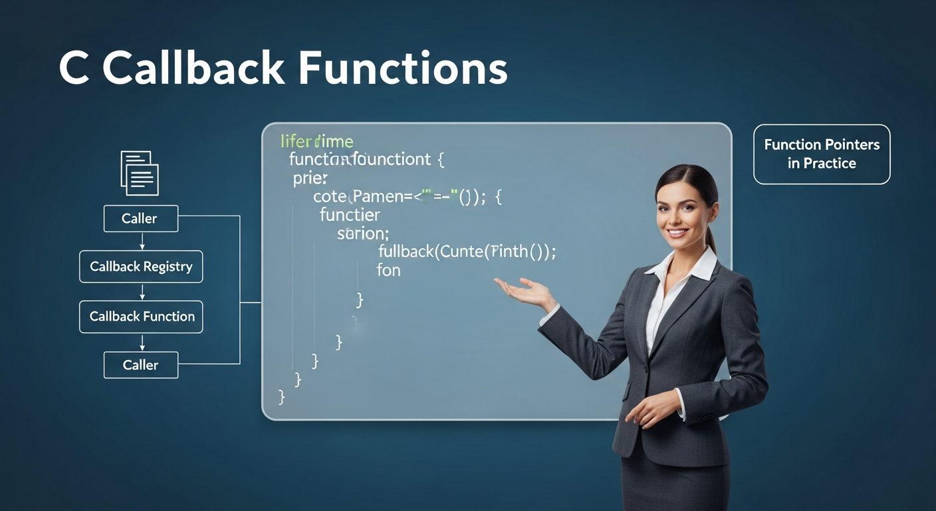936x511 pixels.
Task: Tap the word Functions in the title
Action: point(403,69)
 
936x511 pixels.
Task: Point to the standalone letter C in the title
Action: point(74,69)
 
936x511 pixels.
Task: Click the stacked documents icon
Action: point(140,172)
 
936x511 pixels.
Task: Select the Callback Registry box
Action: point(141,267)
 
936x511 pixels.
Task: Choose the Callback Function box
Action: point(141,317)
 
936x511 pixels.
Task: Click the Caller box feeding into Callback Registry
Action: point(141,218)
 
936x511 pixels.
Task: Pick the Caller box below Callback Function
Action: point(141,365)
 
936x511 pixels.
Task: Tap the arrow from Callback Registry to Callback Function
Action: point(142,291)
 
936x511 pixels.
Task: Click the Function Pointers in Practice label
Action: point(822,154)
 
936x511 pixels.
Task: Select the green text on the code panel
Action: point(316,141)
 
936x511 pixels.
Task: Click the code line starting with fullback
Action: point(466,252)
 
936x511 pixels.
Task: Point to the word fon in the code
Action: point(388,270)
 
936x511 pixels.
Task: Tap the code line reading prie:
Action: point(310,178)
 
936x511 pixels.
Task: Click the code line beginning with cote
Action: point(408,196)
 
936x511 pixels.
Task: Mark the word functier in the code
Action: point(350,215)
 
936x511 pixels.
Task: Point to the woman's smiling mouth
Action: point(679,234)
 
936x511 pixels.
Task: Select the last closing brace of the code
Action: point(282,397)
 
